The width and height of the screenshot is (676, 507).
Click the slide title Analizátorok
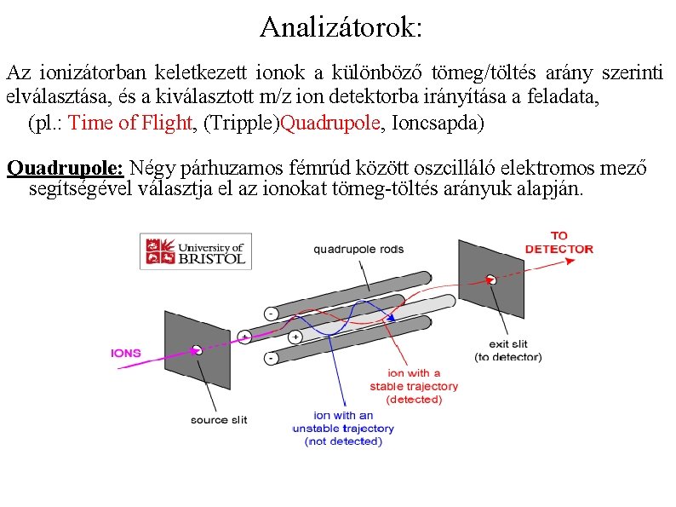341,27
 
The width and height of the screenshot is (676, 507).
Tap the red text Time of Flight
129,123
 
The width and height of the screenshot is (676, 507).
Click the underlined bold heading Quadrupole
65,166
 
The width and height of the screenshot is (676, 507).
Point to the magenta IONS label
126,352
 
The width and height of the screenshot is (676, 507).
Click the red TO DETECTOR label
559,242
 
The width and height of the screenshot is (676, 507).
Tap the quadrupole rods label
358,249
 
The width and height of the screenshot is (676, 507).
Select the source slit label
219,419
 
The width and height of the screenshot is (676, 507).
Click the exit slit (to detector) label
507,350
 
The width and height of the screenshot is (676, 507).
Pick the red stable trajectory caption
413,386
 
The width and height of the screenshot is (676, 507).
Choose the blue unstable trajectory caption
343,428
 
